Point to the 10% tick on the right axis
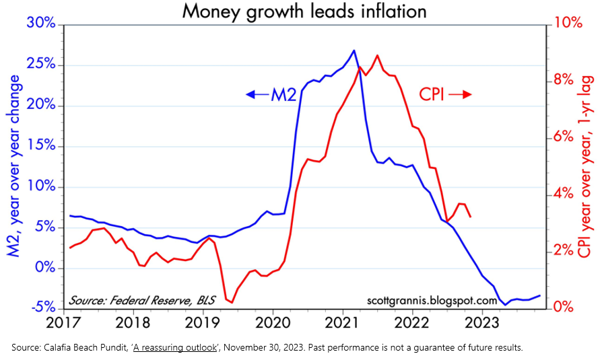coord(568,24)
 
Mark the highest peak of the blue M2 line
coord(354,50)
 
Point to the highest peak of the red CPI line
coord(376,55)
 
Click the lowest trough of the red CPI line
coord(231,302)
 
